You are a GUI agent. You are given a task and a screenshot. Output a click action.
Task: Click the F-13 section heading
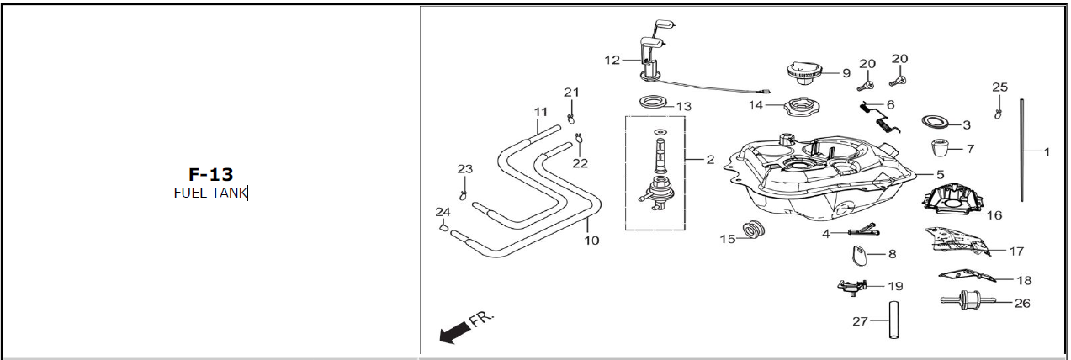[211, 174]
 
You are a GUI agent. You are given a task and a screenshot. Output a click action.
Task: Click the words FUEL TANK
[209, 193]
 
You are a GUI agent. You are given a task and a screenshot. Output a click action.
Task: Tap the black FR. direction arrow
[454, 332]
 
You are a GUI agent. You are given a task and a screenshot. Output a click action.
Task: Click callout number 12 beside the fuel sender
[612, 61]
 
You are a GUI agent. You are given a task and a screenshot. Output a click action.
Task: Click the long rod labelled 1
[1022, 150]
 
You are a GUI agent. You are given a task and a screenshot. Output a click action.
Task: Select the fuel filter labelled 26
[968, 300]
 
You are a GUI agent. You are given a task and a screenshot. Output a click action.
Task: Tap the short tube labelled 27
[893, 320]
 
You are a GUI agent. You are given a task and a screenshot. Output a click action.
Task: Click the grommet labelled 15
[754, 230]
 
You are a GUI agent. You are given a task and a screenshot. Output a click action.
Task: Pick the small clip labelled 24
[443, 227]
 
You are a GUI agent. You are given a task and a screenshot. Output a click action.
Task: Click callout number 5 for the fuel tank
[940, 174]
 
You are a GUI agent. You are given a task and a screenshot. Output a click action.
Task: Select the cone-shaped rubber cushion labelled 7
[941, 148]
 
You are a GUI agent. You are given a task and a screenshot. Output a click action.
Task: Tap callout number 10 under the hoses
[591, 241]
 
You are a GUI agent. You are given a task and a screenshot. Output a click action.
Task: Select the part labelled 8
[859, 255]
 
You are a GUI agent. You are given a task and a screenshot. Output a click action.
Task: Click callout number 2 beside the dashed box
[710, 160]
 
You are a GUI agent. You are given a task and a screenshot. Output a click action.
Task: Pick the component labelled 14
[800, 107]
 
